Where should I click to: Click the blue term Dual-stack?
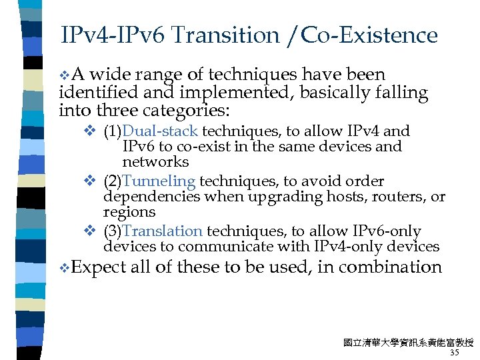coord(160,131)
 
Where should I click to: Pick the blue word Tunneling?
coord(159,181)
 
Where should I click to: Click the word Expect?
coord(98,267)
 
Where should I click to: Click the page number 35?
coord(455,353)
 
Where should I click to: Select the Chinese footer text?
coord(408,343)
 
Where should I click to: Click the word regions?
coord(129,213)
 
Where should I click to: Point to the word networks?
coord(155,162)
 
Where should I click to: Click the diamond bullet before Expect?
coord(64,268)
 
